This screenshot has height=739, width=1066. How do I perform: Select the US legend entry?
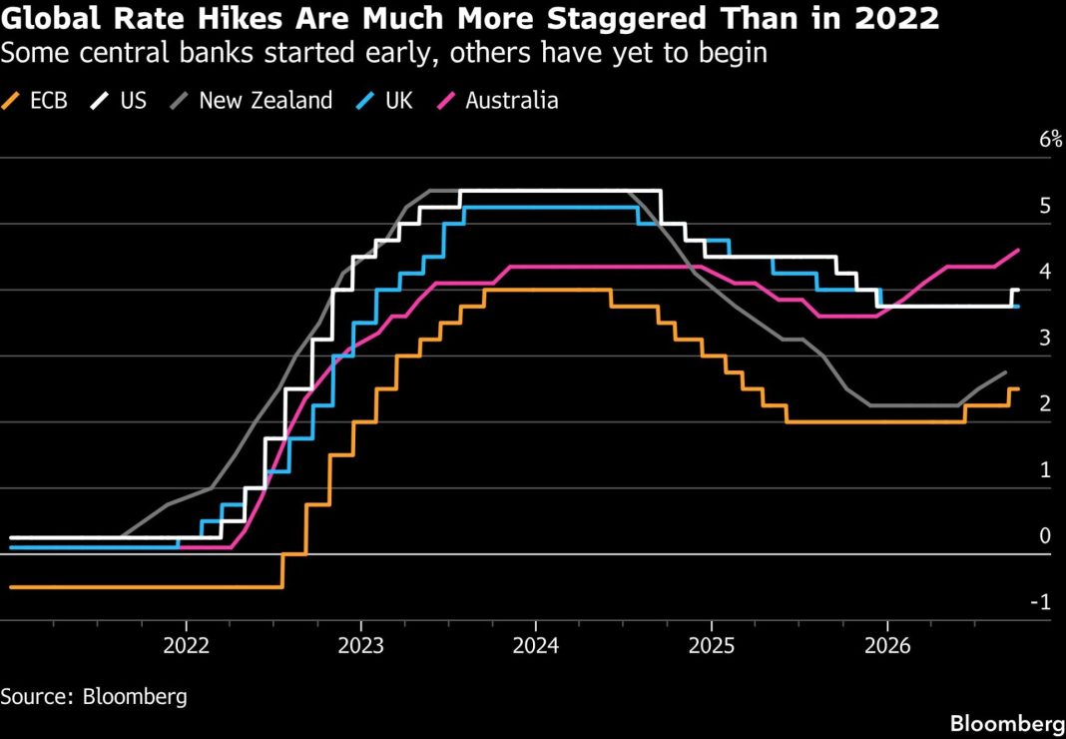pos(119,101)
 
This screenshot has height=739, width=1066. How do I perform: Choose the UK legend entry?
pos(384,101)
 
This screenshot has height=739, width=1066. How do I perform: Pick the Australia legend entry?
pos(496,101)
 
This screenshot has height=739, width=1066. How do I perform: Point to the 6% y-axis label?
pos(1050,140)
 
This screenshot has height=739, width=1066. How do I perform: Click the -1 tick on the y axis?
pos(1046,602)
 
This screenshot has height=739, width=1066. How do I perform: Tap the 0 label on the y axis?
pos(1046,536)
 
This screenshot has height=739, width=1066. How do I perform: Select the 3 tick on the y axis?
pos(1046,339)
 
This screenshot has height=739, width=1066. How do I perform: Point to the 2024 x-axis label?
pos(536,646)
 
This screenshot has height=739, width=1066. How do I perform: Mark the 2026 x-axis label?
pos(887,646)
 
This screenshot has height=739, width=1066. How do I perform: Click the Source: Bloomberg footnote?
pos(94,697)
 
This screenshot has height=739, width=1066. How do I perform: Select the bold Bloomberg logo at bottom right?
pos(1007,723)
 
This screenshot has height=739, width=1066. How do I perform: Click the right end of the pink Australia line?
pos(1018,250)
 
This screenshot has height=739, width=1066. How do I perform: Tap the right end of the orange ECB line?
pos(1018,389)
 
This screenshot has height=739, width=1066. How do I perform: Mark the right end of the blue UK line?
pos(1018,307)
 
